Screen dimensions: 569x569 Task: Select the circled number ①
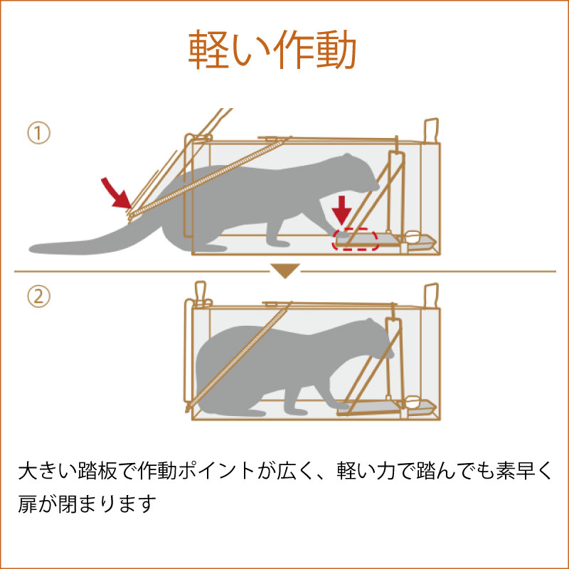[38, 133]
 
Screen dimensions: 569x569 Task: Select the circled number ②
[38, 297]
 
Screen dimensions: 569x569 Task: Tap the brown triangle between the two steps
[284, 271]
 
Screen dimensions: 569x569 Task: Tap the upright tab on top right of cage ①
[430, 131]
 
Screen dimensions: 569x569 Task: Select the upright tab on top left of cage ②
[200, 292]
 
